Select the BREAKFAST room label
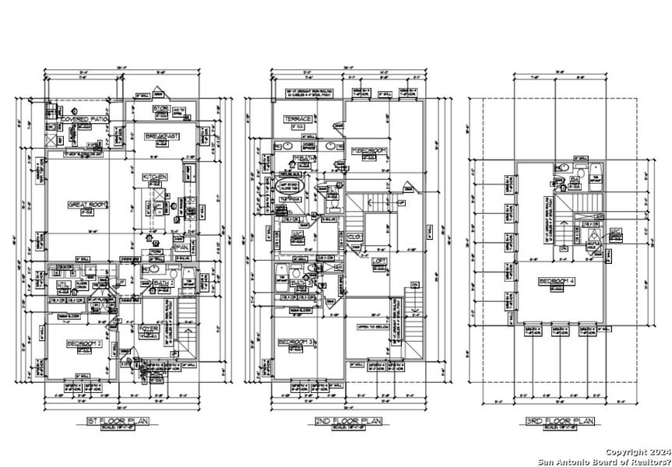coord(162,135)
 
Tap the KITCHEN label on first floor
coord(155,177)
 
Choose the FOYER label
coord(149,328)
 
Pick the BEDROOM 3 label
coord(299,342)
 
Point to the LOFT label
coord(379,262)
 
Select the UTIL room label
coord(62,285)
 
